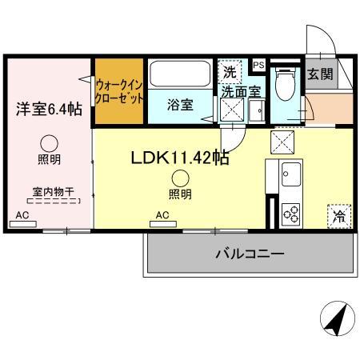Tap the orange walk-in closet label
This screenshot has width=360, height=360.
(x=119, y=90)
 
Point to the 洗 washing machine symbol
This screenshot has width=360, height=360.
(x=230, y=71)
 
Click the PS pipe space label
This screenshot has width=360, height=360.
(x=259, y=65)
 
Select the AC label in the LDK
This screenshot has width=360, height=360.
(x=162, y=215)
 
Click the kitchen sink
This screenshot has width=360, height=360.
(x=290, y=174)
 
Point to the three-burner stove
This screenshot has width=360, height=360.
(x=290, y=213)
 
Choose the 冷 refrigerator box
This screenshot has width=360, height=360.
(x=339, y=215)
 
